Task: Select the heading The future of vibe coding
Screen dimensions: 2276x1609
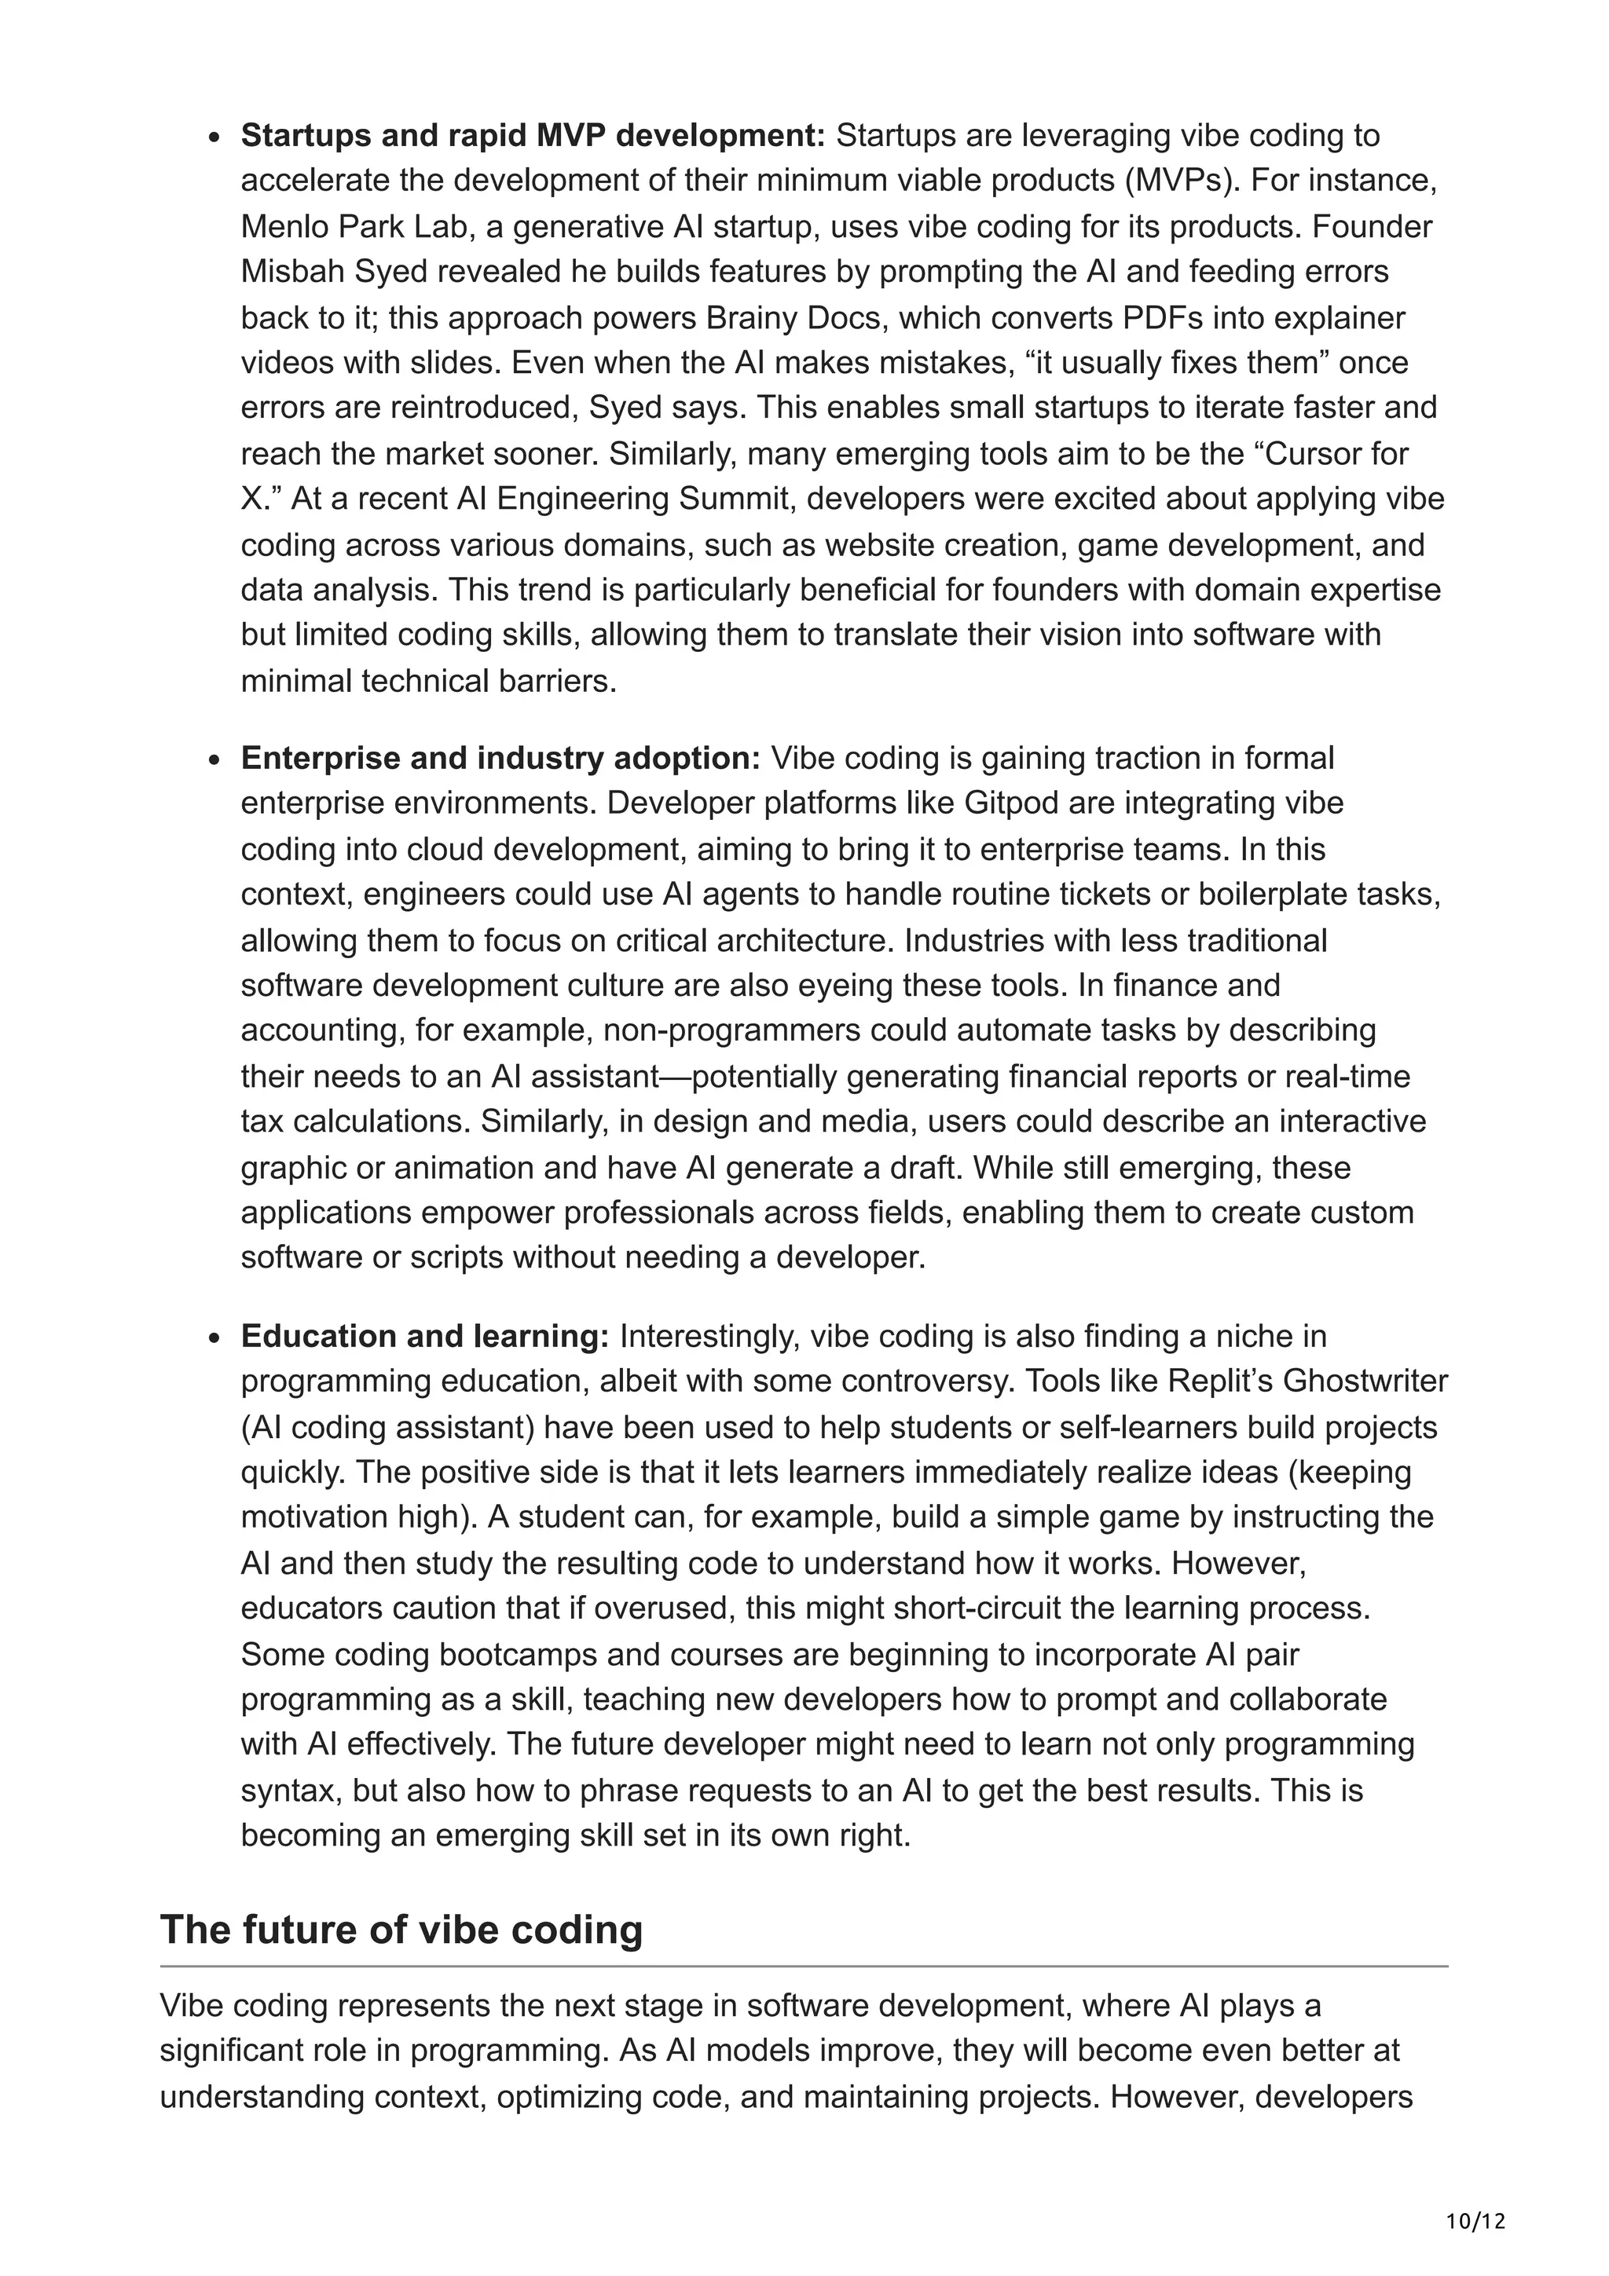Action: (401, 1929)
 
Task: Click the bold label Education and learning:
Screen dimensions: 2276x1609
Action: (424, 1336)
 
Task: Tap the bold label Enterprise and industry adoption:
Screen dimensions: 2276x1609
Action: (500, 759)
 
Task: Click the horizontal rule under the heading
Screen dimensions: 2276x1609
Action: (803, 1966)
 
